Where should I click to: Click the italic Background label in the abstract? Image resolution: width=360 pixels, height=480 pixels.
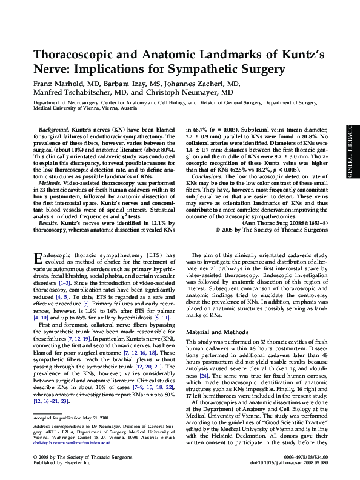[x=53, y=130]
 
